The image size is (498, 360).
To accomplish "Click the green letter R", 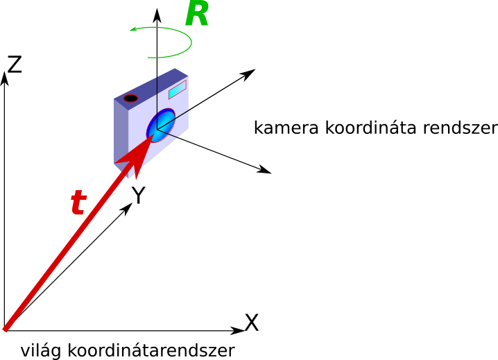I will click(x=196, y=15).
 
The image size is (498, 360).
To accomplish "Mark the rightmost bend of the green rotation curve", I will click(x=191, y=42).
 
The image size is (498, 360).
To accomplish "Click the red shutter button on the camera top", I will click(x=130, y=98).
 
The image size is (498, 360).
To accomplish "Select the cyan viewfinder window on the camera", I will click(x=177, y=89).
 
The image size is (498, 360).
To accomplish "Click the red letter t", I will click(x=78, y=203).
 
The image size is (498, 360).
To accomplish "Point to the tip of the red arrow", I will click(x=153, y=135).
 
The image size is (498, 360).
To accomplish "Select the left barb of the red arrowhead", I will click(x=116, y=164).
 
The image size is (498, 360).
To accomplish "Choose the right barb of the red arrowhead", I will click(x=137, y=179).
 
